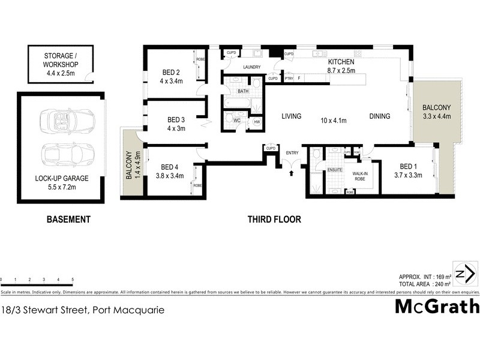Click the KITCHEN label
[x=341, y=62]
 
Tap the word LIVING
[x=291, y=116]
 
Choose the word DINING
[x=380, y=116]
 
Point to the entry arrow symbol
[x=292, y=173]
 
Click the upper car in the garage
[x=67, y=120]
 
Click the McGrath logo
[x=437, y=307]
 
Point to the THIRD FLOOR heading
[x=274, y=220]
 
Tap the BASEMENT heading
[x=68, y=220]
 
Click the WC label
[x=238, y=121]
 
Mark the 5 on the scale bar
[x=73, y=280]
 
